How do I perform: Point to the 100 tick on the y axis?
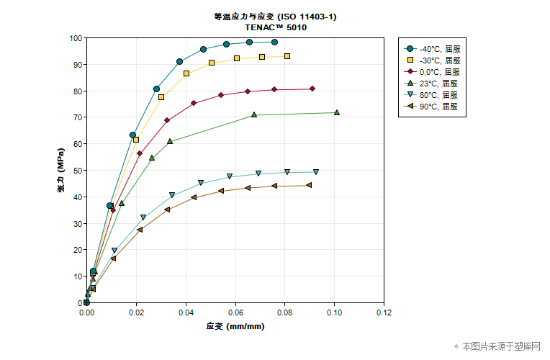[x=76, y=38]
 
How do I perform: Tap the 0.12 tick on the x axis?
[x=384, y=313]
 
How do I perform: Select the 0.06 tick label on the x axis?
[x=235, y=313]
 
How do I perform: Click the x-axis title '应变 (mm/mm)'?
[x=235, y=326]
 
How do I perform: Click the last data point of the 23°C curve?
[x=336, y=112]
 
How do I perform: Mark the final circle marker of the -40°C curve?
[x=274, y=42]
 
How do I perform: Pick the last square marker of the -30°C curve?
[x=287, y=56]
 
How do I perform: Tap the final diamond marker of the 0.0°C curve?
[x=312, y=89]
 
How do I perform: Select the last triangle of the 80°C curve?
[x=316, y=171]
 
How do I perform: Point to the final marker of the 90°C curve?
[x=309, y=185]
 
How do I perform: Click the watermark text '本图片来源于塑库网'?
[x=501, y=346]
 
